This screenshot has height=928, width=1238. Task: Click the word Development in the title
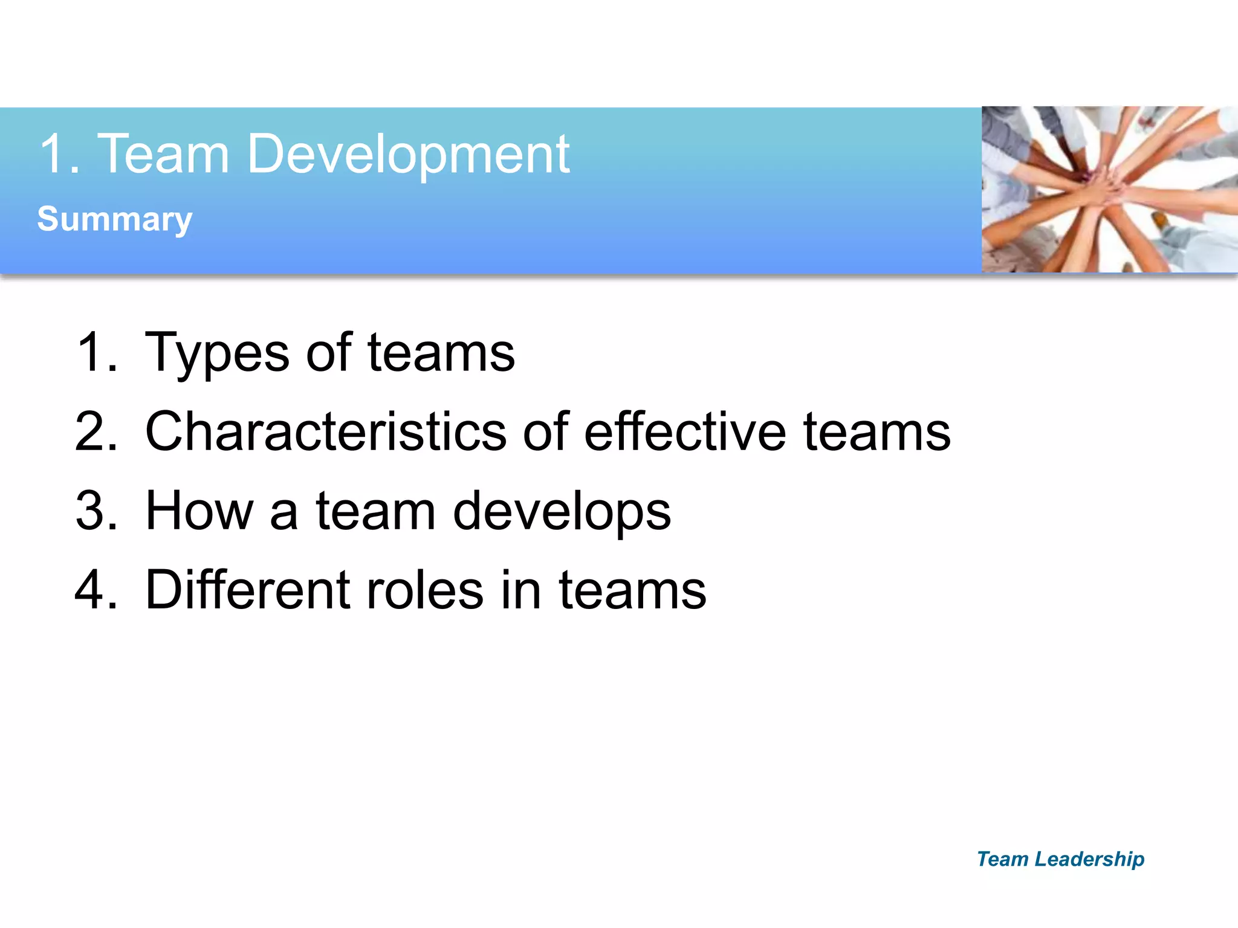coord(408,155)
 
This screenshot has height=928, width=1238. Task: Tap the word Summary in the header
coord(115,219)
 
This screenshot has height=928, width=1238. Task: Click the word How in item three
coord(199,511)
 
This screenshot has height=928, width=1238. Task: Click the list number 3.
coord(96,511)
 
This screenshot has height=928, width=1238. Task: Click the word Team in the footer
coord(1002,859)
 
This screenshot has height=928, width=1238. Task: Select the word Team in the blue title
coord(163,155)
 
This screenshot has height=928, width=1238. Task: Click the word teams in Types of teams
coord(441,353)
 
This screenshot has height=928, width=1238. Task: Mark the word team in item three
coord(375,511)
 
